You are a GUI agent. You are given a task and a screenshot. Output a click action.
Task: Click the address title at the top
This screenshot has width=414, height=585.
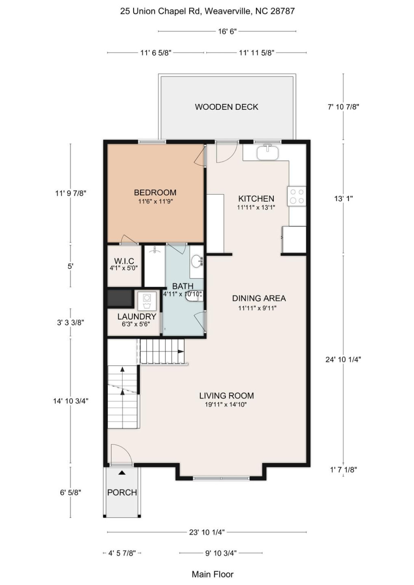click(207, 11)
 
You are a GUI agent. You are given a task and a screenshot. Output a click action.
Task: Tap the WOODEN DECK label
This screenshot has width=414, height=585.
click(226, 107)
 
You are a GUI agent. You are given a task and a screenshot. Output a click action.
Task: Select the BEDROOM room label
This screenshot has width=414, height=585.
click(155, 193)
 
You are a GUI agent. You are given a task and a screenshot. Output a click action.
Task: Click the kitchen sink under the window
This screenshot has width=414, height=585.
click(267, 153)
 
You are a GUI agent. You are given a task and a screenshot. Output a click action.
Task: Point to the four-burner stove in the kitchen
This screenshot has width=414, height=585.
click(297, 197)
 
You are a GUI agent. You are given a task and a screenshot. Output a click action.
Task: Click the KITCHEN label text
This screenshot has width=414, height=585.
click(256, 199)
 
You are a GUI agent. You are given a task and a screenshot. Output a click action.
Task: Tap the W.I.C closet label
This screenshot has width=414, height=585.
click(124, 261)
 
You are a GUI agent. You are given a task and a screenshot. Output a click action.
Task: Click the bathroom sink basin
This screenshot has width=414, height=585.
click(197, 261)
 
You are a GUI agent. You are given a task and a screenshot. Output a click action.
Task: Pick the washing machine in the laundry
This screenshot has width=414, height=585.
click(147, 301)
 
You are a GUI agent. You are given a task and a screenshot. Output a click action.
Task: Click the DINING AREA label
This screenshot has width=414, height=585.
click(259, 298)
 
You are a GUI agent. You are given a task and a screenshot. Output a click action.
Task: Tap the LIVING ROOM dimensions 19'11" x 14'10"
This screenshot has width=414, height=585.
click(226, 405)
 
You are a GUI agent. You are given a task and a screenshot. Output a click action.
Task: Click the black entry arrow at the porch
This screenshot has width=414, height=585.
click(122, 472)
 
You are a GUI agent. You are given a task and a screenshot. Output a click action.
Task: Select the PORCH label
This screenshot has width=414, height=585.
click(122, 492)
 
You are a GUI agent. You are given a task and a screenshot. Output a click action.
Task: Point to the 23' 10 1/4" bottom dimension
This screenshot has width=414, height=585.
click(206, 532)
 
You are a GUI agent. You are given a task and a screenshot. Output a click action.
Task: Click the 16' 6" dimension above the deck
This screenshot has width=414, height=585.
click(227, 31)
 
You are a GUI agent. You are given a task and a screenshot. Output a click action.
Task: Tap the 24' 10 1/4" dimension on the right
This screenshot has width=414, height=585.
click(343, 359)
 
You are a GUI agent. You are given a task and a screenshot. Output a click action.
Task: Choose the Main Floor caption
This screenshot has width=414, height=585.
click(212, 574)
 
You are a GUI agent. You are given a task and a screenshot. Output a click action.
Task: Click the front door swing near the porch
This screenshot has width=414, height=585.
click(120, 453)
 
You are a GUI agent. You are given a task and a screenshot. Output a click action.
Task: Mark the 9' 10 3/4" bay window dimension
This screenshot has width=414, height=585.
click(221, 553)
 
